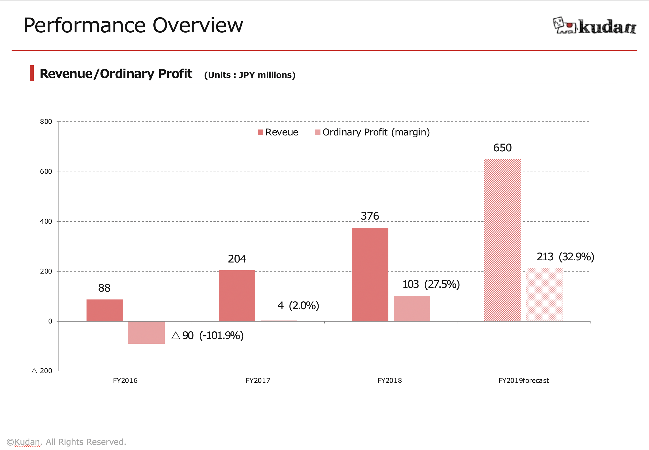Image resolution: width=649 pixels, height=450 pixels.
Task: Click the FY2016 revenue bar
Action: click(x=105, y=310)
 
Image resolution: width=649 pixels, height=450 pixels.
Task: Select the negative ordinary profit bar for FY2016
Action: click(x=146, y=332)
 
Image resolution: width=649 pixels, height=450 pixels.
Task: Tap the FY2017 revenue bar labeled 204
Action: click(x=237, y=296)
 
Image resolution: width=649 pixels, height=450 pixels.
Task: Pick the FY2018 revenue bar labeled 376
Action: click(x=370, y=274)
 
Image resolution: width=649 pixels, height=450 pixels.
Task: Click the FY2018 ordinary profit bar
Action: click(x=412, y=308)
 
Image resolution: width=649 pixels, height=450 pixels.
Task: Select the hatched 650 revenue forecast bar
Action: click(x=503, y=240)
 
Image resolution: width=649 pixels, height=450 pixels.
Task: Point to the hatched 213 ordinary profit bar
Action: click(x=544, y=295)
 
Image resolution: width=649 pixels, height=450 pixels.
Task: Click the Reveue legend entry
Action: click(x=278, y=132)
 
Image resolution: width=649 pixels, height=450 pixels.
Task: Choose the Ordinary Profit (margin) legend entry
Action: click(x=372, y=132)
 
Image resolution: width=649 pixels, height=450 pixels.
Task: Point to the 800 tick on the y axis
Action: click(x=46, y=121)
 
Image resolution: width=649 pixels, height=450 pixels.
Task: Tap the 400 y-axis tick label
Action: click(x=46, y=221)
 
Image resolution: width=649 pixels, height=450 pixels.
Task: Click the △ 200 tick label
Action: click(x=42, y=371)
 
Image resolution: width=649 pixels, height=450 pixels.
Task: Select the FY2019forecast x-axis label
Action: click(x=523, y=381)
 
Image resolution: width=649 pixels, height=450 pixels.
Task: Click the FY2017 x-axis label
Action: click(x=258, y=381)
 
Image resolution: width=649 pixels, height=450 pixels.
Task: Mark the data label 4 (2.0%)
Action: click(x=298, y=306)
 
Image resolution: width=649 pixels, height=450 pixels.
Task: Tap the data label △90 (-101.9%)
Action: click(x=208, y=336)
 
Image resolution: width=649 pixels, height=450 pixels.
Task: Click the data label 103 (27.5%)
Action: click(x=431, y=284)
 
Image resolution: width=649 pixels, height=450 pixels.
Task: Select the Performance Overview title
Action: click(x=133, y=25)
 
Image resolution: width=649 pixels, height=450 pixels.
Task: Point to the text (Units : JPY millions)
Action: click(x=250, y=75)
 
